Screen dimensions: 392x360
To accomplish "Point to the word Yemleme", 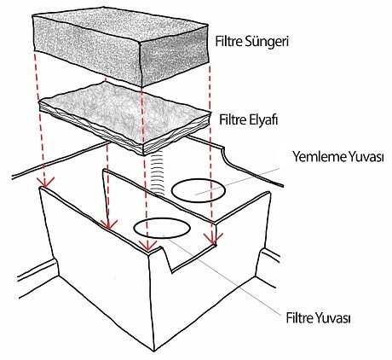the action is tap(320, 156).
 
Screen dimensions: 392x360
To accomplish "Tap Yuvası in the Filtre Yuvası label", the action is tap(331, 317).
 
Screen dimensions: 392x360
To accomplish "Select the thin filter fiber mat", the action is tap(124, 118).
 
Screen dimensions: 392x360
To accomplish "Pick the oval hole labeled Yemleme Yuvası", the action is tap(199, 190).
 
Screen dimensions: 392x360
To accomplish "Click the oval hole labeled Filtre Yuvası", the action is tap(162, 229).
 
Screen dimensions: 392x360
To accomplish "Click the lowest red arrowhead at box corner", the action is tap(148, 245).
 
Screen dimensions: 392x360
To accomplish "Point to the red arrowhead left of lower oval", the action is tap(108, 224).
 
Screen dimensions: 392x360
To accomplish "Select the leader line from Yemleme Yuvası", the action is tap(238, 182).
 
